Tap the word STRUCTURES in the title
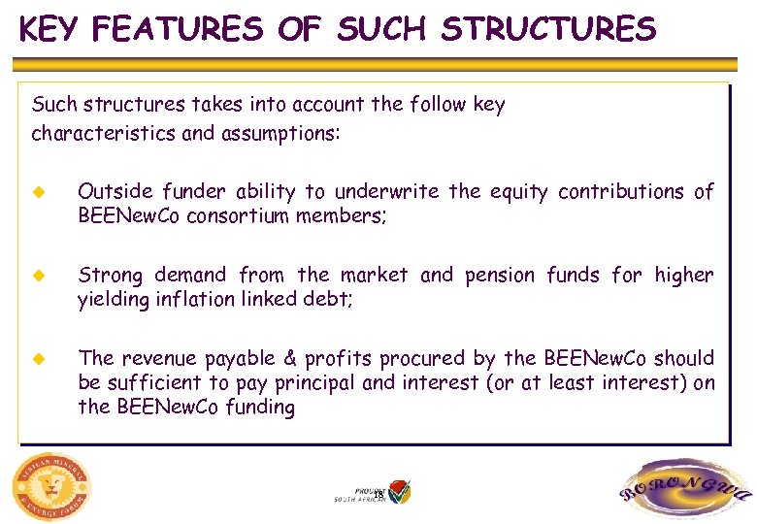(548, 29)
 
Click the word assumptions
(275, 133)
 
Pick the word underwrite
(384, 192)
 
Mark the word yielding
(112, 300)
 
